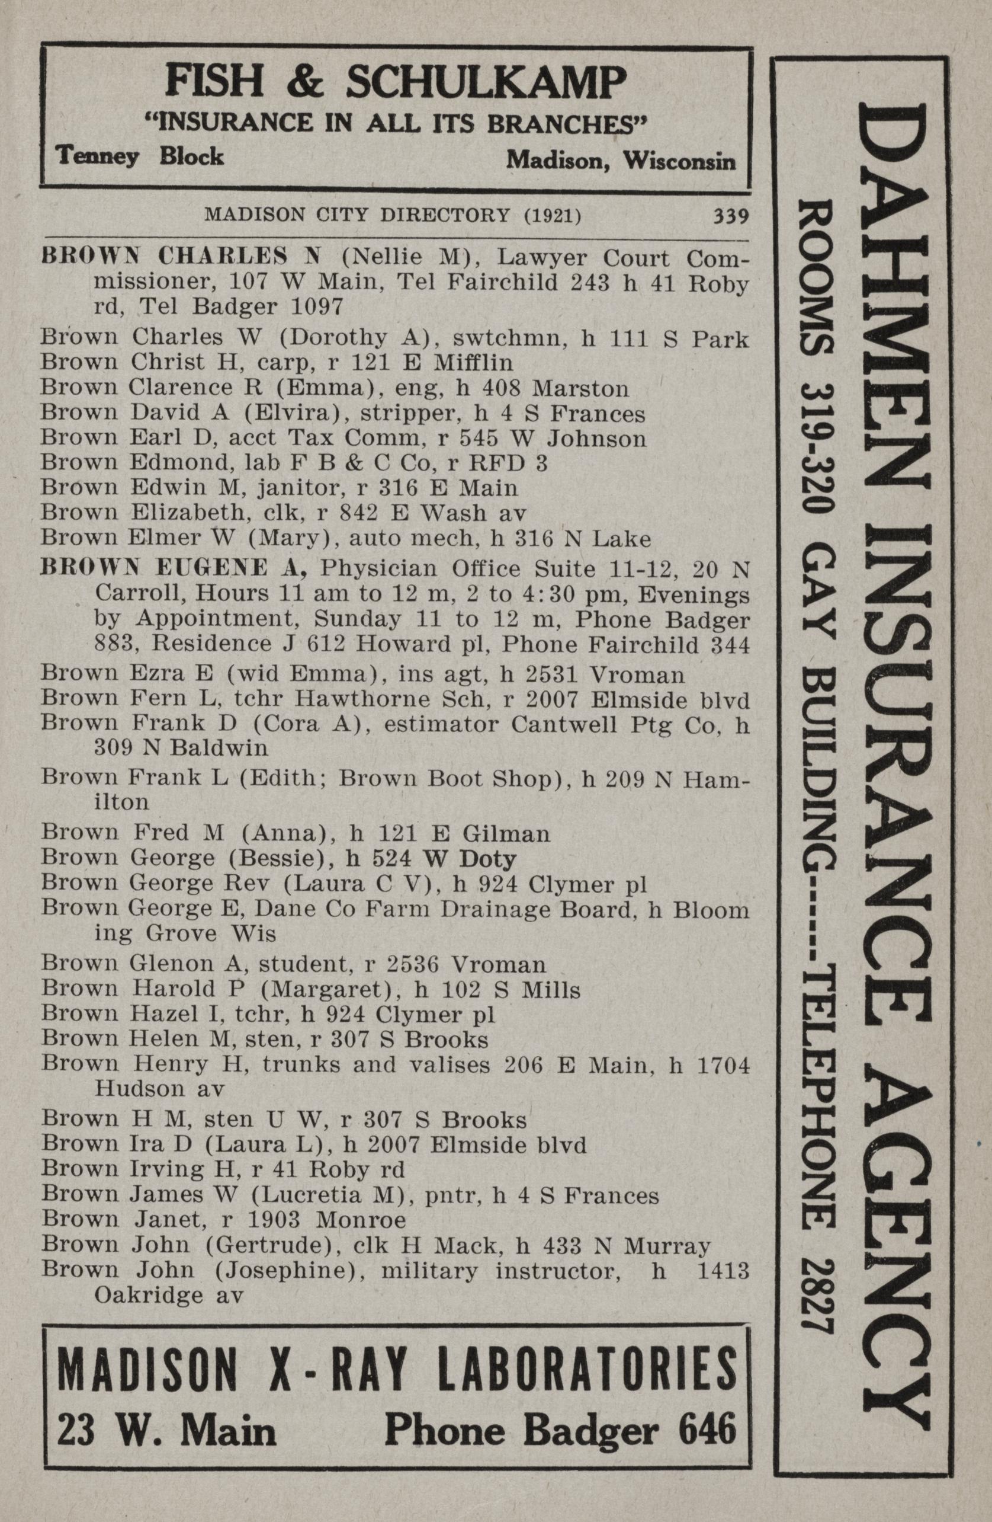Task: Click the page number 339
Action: tap(731, 216)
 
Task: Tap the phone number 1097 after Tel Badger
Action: tap(317, 307)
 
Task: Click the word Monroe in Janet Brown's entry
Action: tap(362, 1221)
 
